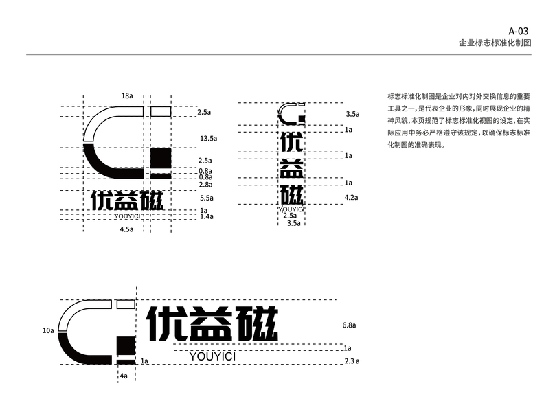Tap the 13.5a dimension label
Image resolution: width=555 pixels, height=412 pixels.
(208, 139)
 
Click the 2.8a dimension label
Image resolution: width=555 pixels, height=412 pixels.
(205, 185)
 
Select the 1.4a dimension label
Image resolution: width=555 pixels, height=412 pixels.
(207, 216)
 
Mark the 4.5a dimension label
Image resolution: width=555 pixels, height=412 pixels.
(126, 229)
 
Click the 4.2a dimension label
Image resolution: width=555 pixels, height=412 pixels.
(352, 198)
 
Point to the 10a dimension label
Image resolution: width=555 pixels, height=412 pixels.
(48, 330)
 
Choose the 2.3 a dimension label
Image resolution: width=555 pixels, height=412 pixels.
(352, 361)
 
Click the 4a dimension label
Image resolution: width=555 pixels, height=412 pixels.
(124, 376)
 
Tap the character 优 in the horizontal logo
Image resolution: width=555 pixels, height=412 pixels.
(167, 324)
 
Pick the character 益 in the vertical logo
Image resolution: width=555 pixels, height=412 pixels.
(291, 170)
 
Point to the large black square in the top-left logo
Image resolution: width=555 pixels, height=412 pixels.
(160, 157)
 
